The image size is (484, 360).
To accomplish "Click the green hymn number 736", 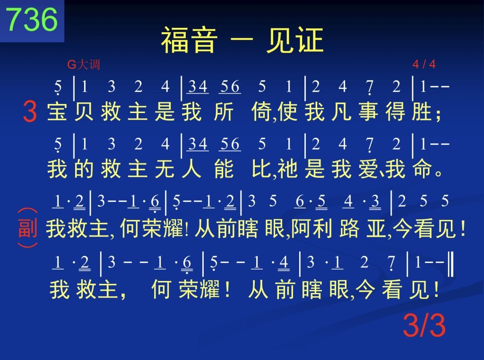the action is pyautogui.click(x=32, y=19).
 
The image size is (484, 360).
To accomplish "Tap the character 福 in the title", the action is pyautogui.click(x=175, y=40).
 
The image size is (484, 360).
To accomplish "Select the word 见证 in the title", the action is pyautogui.click(x=295, y=40).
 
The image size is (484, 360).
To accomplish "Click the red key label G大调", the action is pyautogui.click(x=84, y=64).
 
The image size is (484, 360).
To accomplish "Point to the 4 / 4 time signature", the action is pyautogui.click(x=424, y=64).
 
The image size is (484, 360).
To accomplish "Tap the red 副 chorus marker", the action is pyautogui.click(x=28, y=228).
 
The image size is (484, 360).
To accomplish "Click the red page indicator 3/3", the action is pyautogui.click(x=424, y=325).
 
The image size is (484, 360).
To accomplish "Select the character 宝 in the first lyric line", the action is pyautogui.click(x=57, y=112).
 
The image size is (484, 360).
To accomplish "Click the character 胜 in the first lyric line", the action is pyautogui.click(x=422, y=112).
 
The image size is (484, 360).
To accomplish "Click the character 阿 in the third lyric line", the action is pyautogui.click(x=301, y=228).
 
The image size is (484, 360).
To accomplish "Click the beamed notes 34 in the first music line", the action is pyautogui.click(x=198, y=87).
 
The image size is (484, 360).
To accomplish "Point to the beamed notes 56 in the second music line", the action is pyautogui.click(x=230, y=144).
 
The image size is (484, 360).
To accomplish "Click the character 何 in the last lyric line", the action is pyautogui.click(x=161, y=289).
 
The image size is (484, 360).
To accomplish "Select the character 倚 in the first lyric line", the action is pyautogui.click(x=261, y=112).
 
